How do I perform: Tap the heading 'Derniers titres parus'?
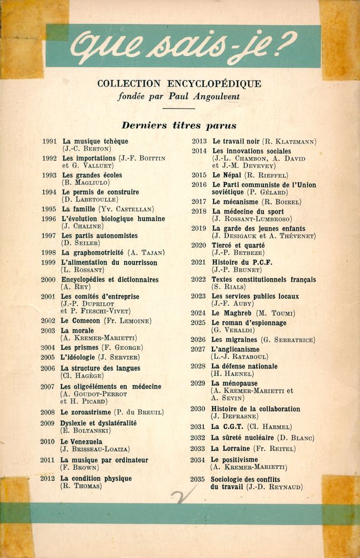179,126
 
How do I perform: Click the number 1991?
49,142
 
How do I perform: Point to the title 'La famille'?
79,209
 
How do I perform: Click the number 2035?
197,479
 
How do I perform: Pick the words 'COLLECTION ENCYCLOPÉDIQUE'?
179,84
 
